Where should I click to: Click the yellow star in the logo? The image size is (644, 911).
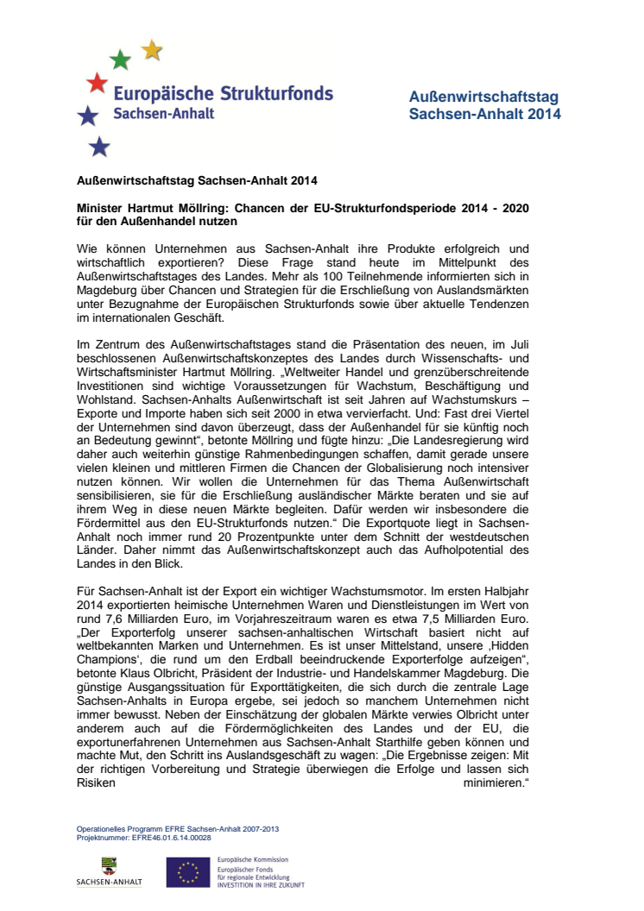point(152,50)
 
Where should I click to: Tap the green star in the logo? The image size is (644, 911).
point(121,60)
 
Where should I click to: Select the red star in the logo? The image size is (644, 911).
point(98,83)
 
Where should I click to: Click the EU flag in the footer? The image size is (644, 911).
point(188,872)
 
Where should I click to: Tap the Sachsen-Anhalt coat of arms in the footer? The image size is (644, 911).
point(110,865)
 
